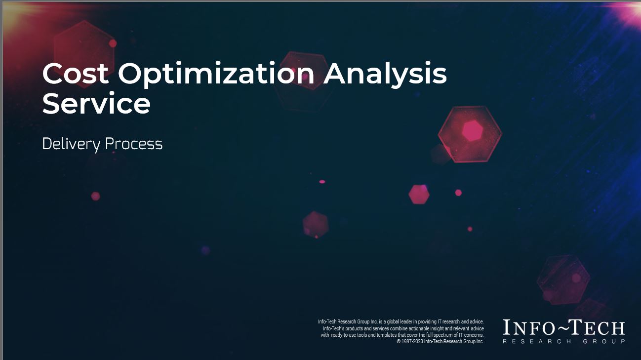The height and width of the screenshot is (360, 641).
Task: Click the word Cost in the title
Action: (75, 75)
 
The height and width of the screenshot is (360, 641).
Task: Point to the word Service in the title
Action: (96, 104)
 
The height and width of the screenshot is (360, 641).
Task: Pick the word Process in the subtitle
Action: (134, 144)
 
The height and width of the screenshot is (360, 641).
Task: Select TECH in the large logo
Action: (598, 328)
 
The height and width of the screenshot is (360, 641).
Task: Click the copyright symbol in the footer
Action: (399, 341)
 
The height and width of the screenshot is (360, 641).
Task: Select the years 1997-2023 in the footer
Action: (412, 341)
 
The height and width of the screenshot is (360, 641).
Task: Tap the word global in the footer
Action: (392, 321)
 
